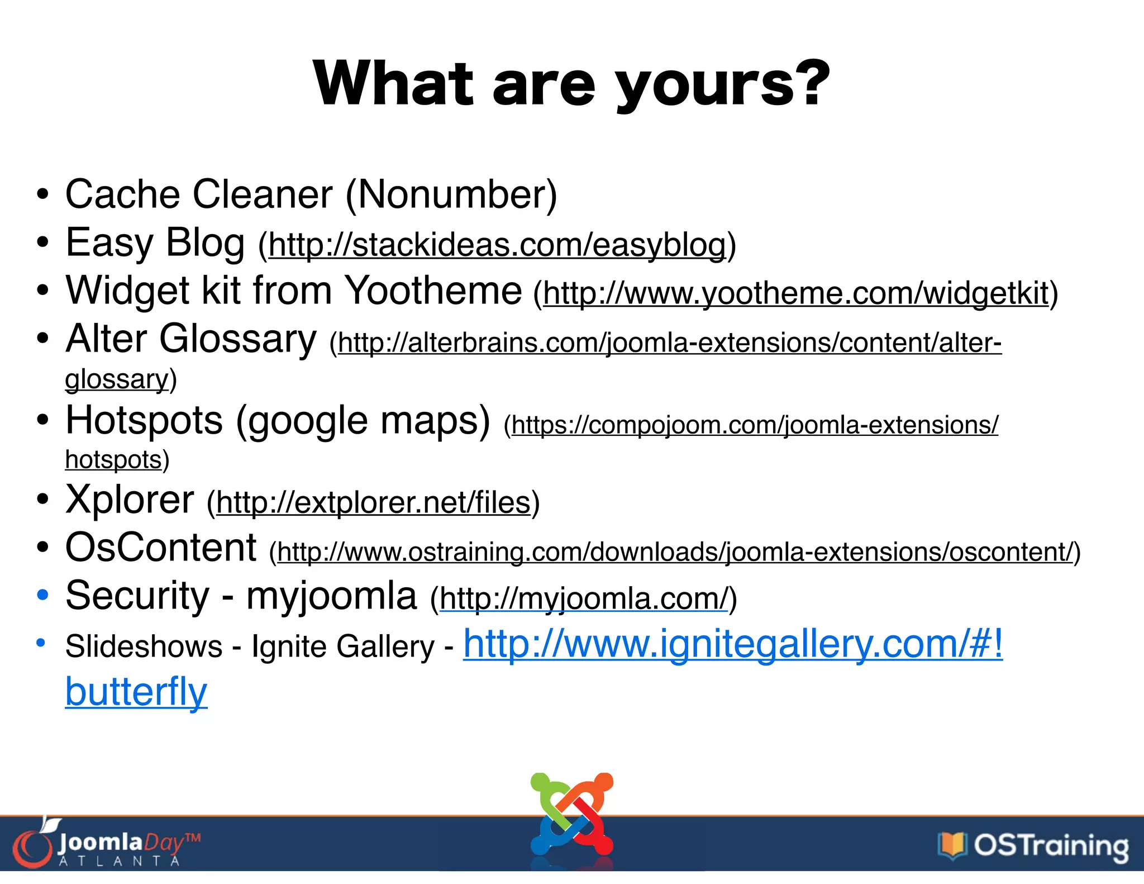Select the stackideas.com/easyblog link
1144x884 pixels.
(x=497, y=245)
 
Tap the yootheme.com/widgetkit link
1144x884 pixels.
(x=795, y=293)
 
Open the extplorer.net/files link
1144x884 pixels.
(x=373, y=502)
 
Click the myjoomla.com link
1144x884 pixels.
(x=584, y=598)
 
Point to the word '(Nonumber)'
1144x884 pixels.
(x=451, y=194)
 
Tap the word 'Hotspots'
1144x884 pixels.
(x=144, y=420)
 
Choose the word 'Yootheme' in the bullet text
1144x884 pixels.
(x=433, y=291)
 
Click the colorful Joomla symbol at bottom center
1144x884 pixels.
(x=571, y=816)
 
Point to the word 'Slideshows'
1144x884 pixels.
(x=144, y=647)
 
